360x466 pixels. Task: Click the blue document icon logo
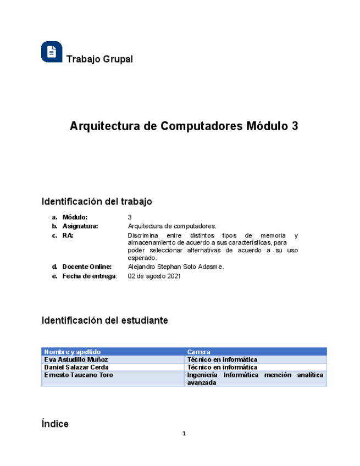point(52,52)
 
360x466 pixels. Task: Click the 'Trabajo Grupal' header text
point(99,59)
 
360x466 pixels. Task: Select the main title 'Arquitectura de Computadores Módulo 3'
point(184,126)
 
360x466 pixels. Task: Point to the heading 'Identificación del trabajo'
point(97,202)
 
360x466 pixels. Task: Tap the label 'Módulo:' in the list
point(75,217)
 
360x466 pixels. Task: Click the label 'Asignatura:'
point(80,226)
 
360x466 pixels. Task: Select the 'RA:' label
point(68,235)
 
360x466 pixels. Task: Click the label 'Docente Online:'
point(87,267)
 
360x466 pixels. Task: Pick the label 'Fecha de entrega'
point(89,276)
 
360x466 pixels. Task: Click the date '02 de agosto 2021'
point(154,276)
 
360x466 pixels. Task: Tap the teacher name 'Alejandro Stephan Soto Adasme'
point(175,267)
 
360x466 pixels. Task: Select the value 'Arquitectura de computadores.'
point(172,226)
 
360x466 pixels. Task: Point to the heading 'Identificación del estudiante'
point(105,320)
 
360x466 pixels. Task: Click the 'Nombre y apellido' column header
point(73,352)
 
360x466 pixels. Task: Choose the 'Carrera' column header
point(199,352)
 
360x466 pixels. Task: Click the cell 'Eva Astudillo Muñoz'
point(76,359)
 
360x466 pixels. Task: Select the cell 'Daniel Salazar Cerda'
point(76,367)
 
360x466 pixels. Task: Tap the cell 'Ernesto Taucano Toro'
point(79,375)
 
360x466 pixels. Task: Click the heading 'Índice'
point(55,424)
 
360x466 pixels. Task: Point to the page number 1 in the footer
point(184,434)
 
